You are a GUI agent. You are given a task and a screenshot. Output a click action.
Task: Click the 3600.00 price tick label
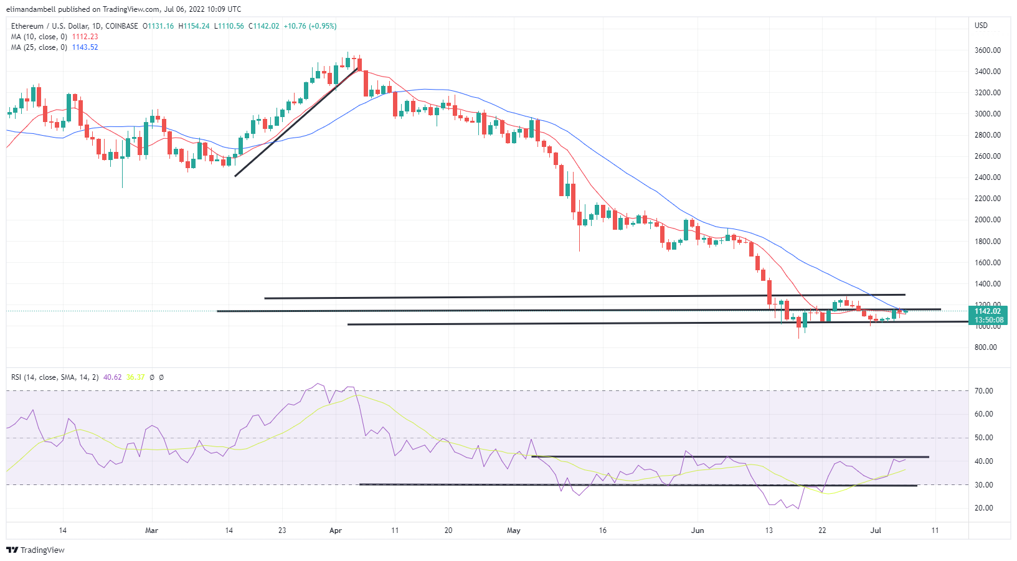[987, 50]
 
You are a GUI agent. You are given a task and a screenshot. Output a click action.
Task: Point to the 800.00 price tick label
[985, 347]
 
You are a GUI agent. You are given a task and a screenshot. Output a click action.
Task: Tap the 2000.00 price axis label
[987, 220]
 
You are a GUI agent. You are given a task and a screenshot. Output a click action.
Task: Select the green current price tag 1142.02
[987, 311]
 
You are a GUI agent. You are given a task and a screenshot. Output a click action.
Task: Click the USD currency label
[981, 26]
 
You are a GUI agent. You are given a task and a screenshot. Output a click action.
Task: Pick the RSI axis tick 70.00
[984, 391]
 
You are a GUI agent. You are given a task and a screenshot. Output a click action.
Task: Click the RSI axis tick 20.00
[984, 508]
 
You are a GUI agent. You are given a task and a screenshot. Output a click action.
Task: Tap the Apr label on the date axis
[336, 530]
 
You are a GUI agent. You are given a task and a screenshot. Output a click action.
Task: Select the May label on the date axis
[513, 530]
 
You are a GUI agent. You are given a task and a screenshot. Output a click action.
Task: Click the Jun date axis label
[698, 530]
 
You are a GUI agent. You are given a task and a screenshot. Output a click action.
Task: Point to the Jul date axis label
[876, 530]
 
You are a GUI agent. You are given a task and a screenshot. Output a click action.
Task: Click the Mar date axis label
[151, 530]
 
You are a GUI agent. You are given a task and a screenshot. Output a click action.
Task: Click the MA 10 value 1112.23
[85, 37]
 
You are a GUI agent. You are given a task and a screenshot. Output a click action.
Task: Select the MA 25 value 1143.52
[85, 47]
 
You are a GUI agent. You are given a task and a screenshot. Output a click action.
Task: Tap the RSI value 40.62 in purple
[112, 377]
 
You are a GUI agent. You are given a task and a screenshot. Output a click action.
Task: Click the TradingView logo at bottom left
[35, 550]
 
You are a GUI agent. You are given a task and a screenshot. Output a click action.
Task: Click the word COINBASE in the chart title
[121, 26]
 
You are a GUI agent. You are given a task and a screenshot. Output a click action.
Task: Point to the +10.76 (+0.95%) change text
[310, 26]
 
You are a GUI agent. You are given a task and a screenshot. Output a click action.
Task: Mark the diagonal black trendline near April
[296, 122]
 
